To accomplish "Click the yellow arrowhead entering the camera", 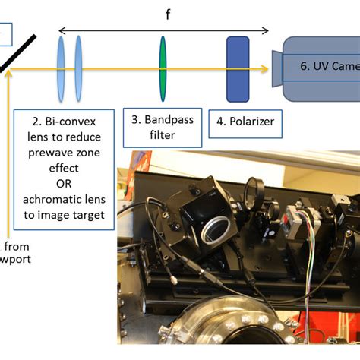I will point(265,70).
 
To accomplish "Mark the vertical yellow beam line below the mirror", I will point(8,152).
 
